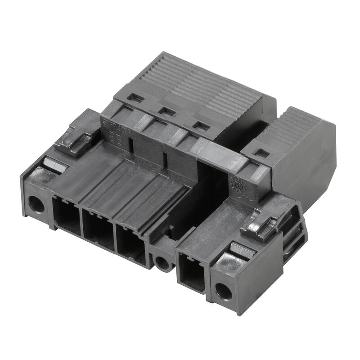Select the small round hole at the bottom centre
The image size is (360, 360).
[x=162, y=261]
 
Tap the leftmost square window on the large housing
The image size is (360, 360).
[x=136, y=98]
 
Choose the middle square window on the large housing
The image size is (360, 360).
[x=168, y=112]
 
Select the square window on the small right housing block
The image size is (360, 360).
[x=262, y=153]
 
